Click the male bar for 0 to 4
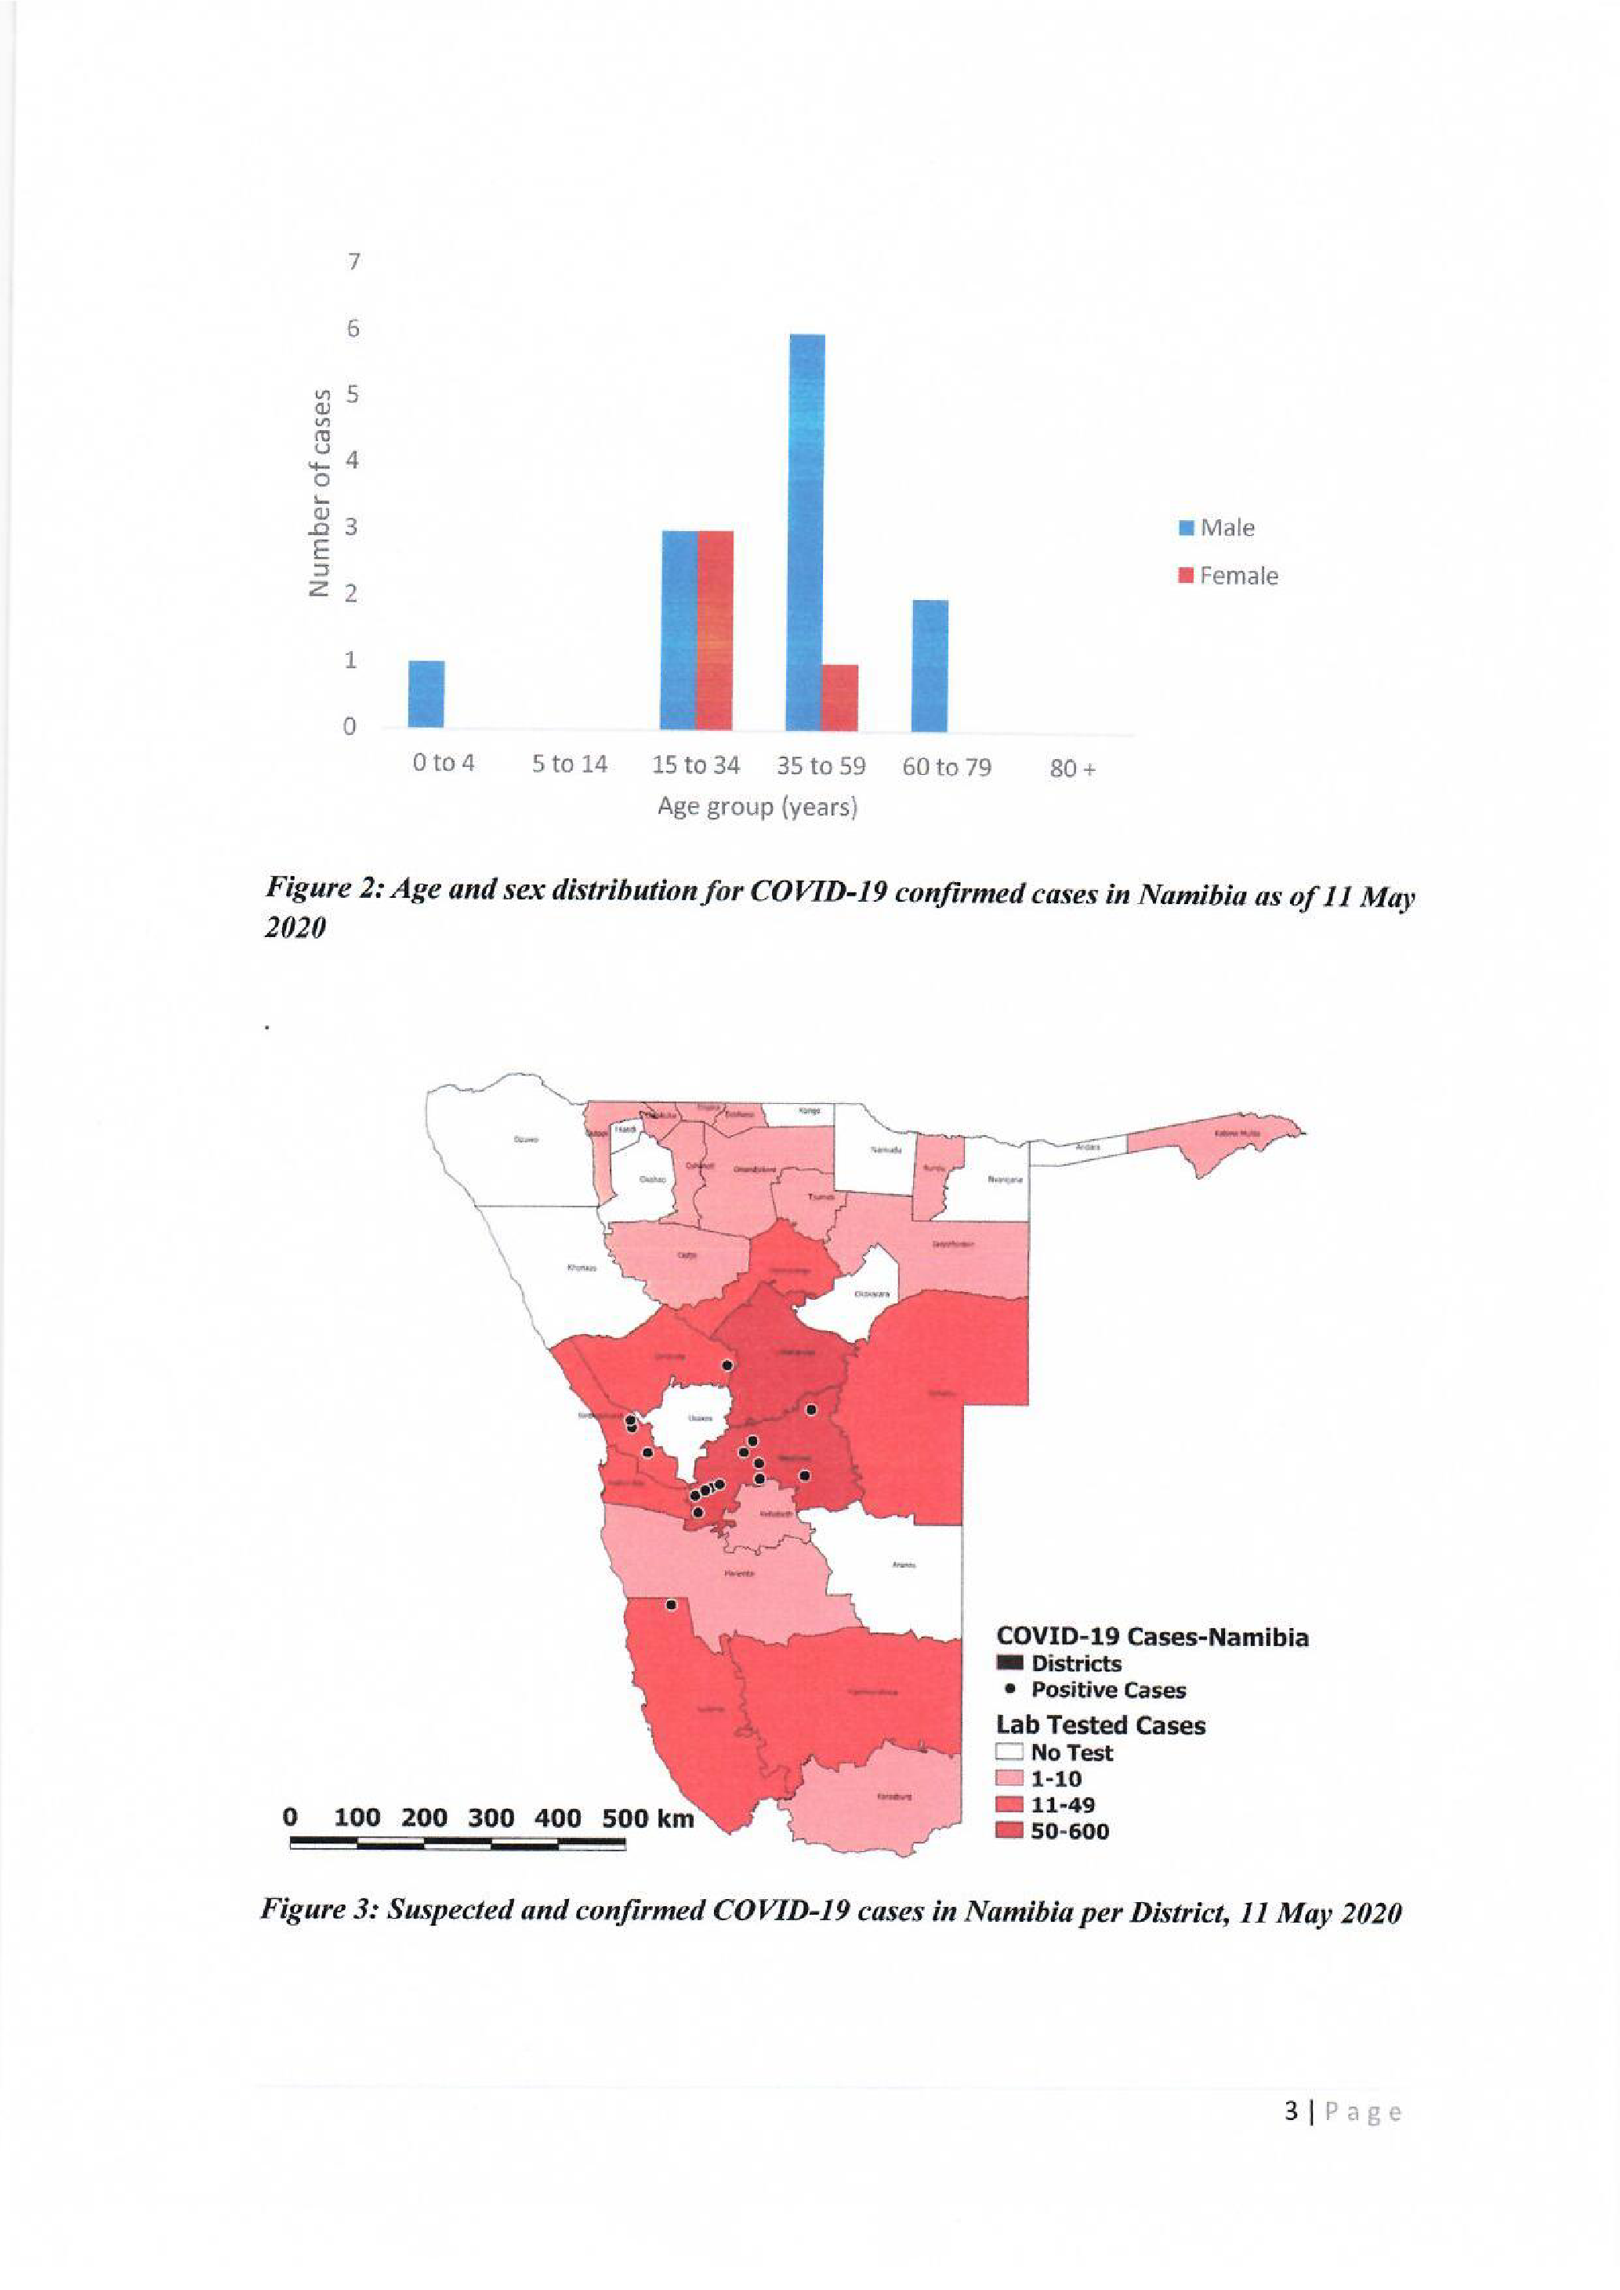point(426,695)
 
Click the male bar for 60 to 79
point(930,665)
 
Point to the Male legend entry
point(1216,527)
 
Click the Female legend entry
point(1228,576)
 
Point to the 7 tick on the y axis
point(351,262)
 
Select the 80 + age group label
point(1072,768)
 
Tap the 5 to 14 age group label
point(568,765)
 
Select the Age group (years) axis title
point(757,806)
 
